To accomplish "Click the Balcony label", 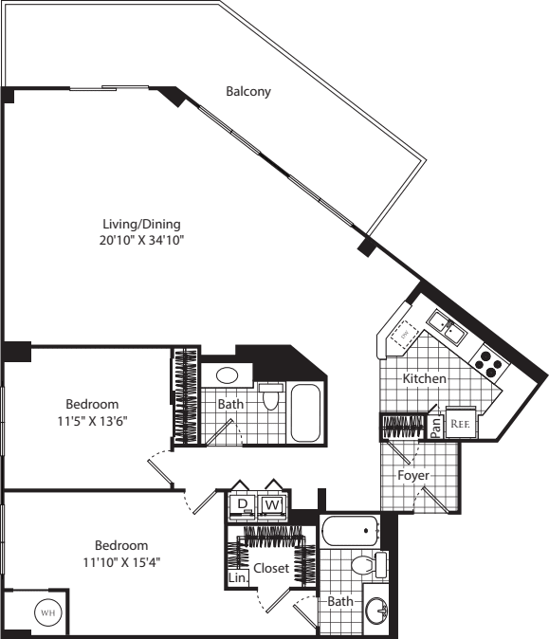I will coord(248,92).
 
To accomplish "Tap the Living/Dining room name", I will coord(141,225).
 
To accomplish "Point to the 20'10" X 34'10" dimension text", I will coord(141,241).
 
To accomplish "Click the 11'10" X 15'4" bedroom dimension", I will coord(120,561).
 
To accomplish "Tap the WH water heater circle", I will coord(46,613).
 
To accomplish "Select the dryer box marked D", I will coord(243,503).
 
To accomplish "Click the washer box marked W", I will coord(273,503).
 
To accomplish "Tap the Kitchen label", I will coord(424,378).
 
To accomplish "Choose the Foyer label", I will coord(414,474).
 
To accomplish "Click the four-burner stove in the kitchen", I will coord(488,361).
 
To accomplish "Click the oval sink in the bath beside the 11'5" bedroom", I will coord(228,374).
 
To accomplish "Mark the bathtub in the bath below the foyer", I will coord(349,531).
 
